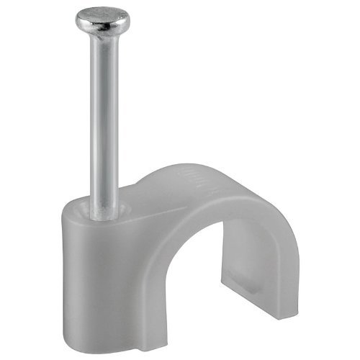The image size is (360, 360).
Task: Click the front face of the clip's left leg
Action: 108,288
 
